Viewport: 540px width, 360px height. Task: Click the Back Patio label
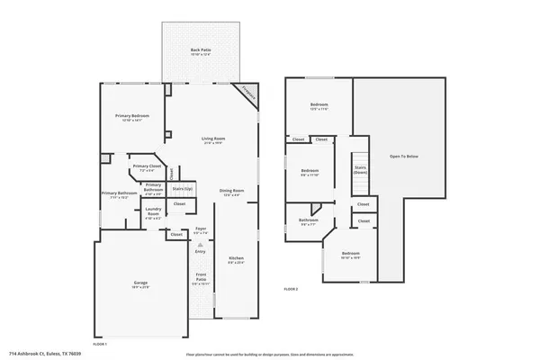(194, 50)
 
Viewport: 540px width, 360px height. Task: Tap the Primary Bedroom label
(131, 117)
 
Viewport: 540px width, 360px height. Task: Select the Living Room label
(212, 139)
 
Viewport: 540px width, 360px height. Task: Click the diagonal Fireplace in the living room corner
(247, 94)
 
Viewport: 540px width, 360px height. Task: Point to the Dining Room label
(232, 191)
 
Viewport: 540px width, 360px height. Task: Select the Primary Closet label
(147, 166)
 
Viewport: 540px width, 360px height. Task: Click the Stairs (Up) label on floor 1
(183, 189)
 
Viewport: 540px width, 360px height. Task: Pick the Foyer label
(201, 229)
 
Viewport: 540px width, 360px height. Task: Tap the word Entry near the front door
(200, 251)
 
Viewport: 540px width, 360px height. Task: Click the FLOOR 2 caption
(291, 289)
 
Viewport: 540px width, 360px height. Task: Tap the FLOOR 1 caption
(100, 345)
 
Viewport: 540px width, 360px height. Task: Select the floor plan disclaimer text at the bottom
(270, 354)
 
